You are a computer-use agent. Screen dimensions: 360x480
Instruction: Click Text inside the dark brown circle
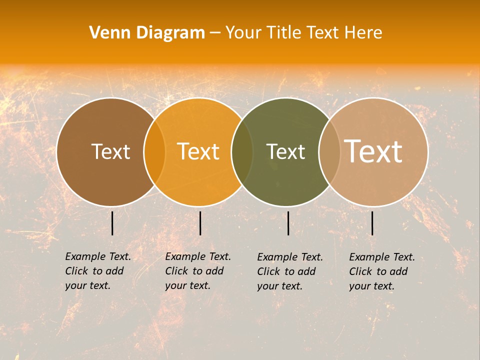click(x=110, y=151)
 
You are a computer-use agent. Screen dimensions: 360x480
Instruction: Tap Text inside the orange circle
click(x=198, y=151)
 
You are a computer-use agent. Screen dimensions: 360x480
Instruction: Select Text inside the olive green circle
click(x=285, y=151)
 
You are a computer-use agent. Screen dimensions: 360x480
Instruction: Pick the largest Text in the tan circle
click(x=373, y=151)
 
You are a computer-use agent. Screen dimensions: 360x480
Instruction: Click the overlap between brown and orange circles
click(x=154, y=152)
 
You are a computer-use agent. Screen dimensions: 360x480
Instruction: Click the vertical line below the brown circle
click(x=112, y=223)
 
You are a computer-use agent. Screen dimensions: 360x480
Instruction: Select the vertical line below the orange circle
click(x=200, y=223)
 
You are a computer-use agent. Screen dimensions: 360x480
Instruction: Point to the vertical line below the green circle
click(x=288, y=223)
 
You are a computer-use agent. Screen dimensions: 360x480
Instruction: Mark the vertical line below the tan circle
click(x=372, y=223)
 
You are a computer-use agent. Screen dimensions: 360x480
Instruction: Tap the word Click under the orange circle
click(x=176, y=271)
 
